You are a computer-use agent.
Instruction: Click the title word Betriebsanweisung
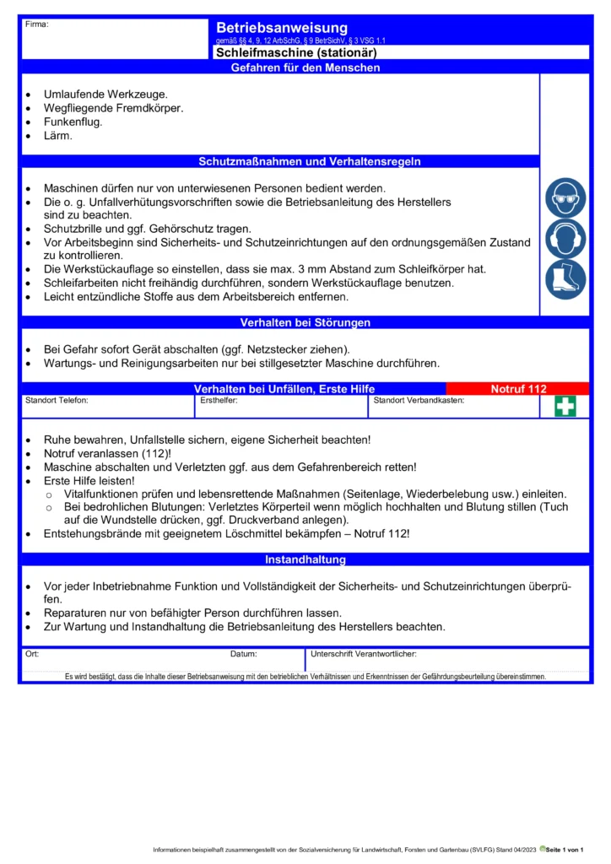(281, 29)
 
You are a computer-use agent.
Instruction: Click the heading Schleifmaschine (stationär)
(295, 52)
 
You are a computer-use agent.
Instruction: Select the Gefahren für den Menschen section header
(305, 67)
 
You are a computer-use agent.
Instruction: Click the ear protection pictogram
(565, 240)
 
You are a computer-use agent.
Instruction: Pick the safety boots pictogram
(565, 280)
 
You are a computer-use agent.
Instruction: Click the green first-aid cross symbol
(565, 407)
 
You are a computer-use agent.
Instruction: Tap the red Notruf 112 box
(518, 389)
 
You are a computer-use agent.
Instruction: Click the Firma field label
(37, 24)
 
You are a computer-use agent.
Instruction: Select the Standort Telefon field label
(57, 401)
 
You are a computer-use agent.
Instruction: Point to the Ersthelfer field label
(219, 401)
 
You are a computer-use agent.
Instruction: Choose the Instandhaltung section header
(305, 559)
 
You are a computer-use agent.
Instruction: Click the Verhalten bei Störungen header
(305, 322)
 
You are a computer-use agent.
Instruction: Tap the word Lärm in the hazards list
(58, 135)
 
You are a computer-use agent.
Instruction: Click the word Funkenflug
(73, 121)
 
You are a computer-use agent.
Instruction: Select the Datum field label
(244, 654)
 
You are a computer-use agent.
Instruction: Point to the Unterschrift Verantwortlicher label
(364, 654)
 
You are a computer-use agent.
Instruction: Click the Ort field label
(32, 654)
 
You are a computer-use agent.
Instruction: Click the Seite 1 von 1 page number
(565, 849)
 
